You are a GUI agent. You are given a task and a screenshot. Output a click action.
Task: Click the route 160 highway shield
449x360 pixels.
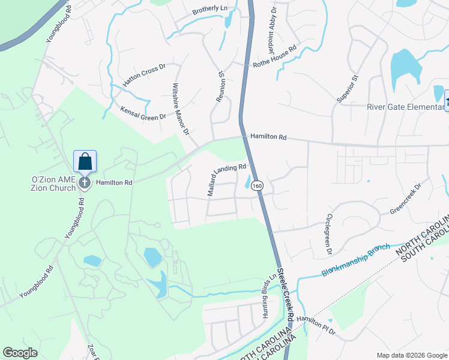coord(258,186)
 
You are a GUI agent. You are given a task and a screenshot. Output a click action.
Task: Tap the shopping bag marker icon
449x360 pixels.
coord(85,162)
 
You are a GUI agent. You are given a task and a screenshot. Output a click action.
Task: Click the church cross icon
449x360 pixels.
coord(85,182)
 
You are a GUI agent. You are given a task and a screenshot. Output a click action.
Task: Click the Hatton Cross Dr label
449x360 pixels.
coord(143,76)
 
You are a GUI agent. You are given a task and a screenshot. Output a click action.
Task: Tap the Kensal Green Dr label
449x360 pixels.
coord(142,113)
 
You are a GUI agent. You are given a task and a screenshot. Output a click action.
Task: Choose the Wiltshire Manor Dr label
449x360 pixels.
coord(181,109)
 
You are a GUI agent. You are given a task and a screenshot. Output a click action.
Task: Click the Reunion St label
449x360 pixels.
coord(220,86)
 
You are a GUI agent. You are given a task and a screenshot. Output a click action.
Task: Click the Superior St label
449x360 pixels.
coord(348,89)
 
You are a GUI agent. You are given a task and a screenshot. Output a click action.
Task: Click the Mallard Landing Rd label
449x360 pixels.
coord(227,179)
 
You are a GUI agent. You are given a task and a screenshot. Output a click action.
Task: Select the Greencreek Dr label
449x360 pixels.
coord(406,203)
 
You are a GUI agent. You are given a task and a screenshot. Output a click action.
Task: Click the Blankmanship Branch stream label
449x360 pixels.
coord(355,260)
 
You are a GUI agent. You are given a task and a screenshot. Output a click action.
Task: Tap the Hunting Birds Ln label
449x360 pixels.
coord(268,296)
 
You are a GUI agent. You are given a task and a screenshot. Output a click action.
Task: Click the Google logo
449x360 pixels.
coord(20,353)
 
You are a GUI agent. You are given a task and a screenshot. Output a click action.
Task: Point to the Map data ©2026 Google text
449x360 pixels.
coord(411,355)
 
